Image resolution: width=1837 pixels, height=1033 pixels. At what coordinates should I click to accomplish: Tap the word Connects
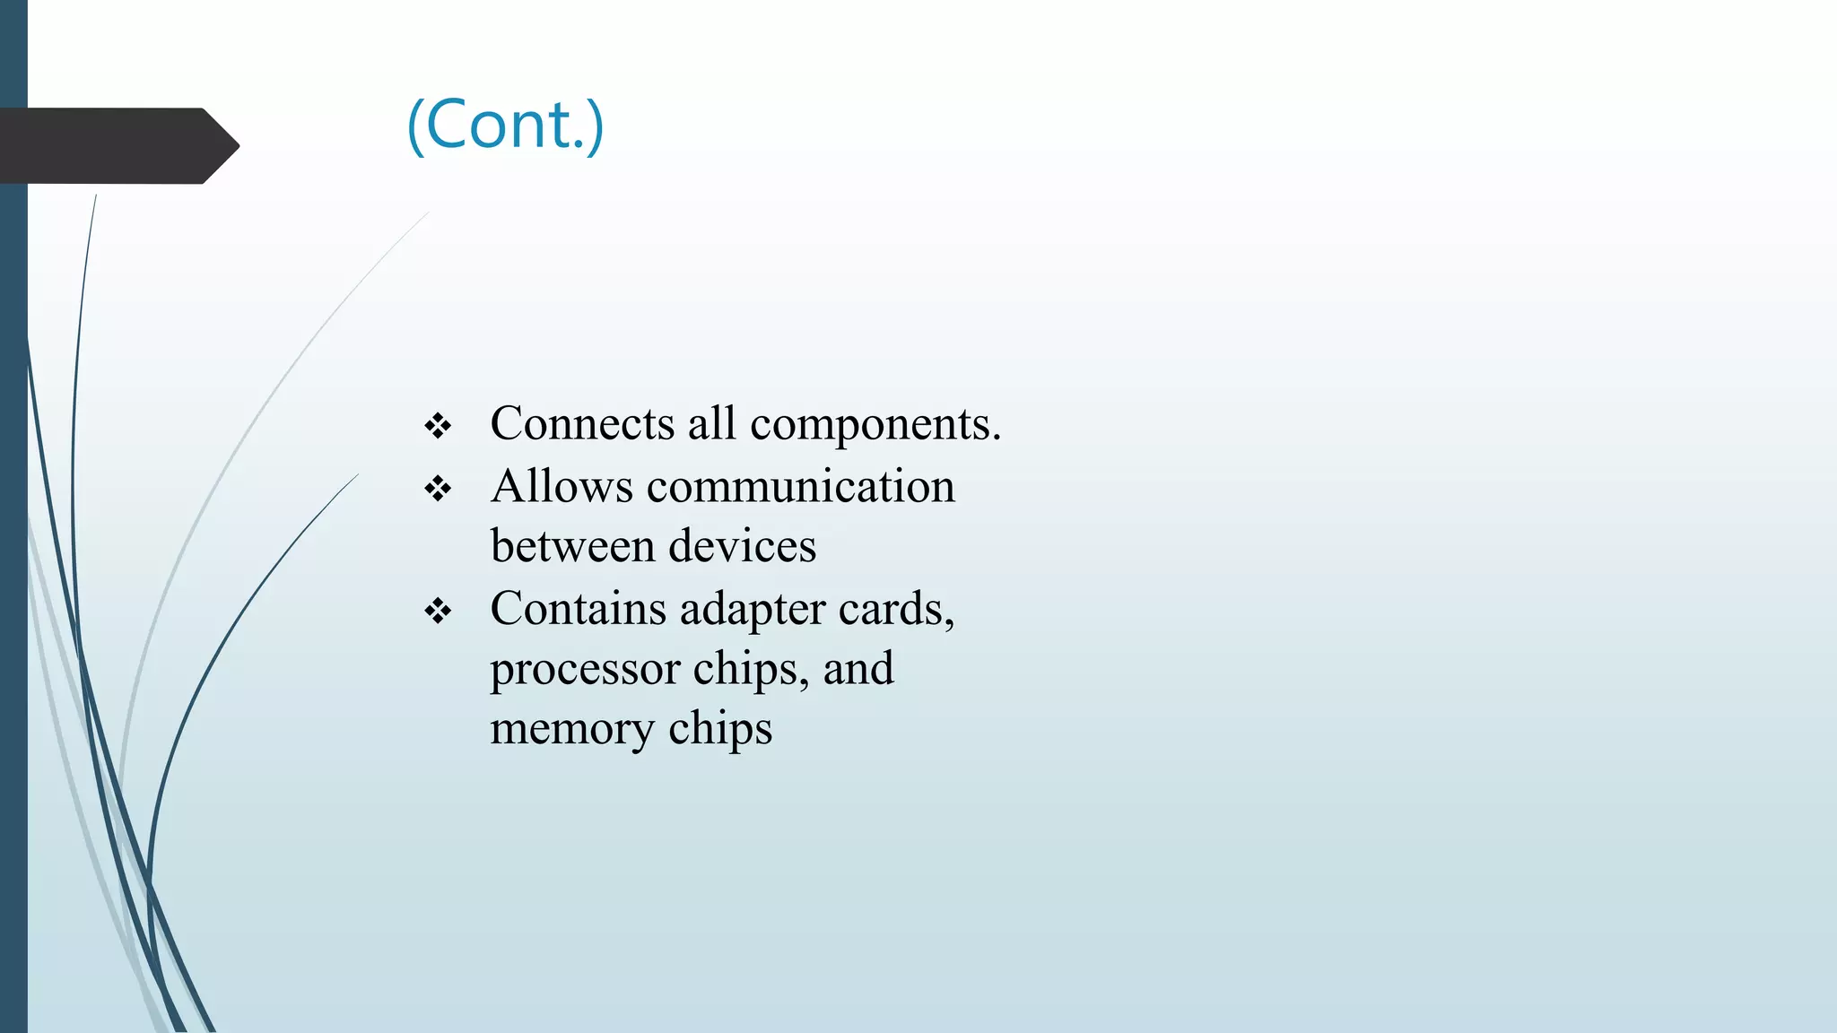click(x=581, y=423)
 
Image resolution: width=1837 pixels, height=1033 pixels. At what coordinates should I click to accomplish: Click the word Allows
click(x=562, y=486)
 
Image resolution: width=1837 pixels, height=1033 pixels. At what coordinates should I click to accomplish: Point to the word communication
click(x=800, y=486)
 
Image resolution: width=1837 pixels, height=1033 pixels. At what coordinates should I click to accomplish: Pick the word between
click(x=572, y=545)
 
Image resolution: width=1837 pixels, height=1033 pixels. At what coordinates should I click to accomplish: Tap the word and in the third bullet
click(x=858, y=668)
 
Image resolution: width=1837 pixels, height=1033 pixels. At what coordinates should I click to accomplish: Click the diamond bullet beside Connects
click(x=438, y=426)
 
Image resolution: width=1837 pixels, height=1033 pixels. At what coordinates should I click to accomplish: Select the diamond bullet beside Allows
click(x=438, y=489)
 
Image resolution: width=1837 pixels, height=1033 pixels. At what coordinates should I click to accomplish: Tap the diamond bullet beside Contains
click(x=438, y=612)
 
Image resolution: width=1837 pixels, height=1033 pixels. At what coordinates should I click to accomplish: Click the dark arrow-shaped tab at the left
click(x=117, y=145)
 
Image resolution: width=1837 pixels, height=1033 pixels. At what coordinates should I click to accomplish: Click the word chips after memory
click(x=719, y=728)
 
